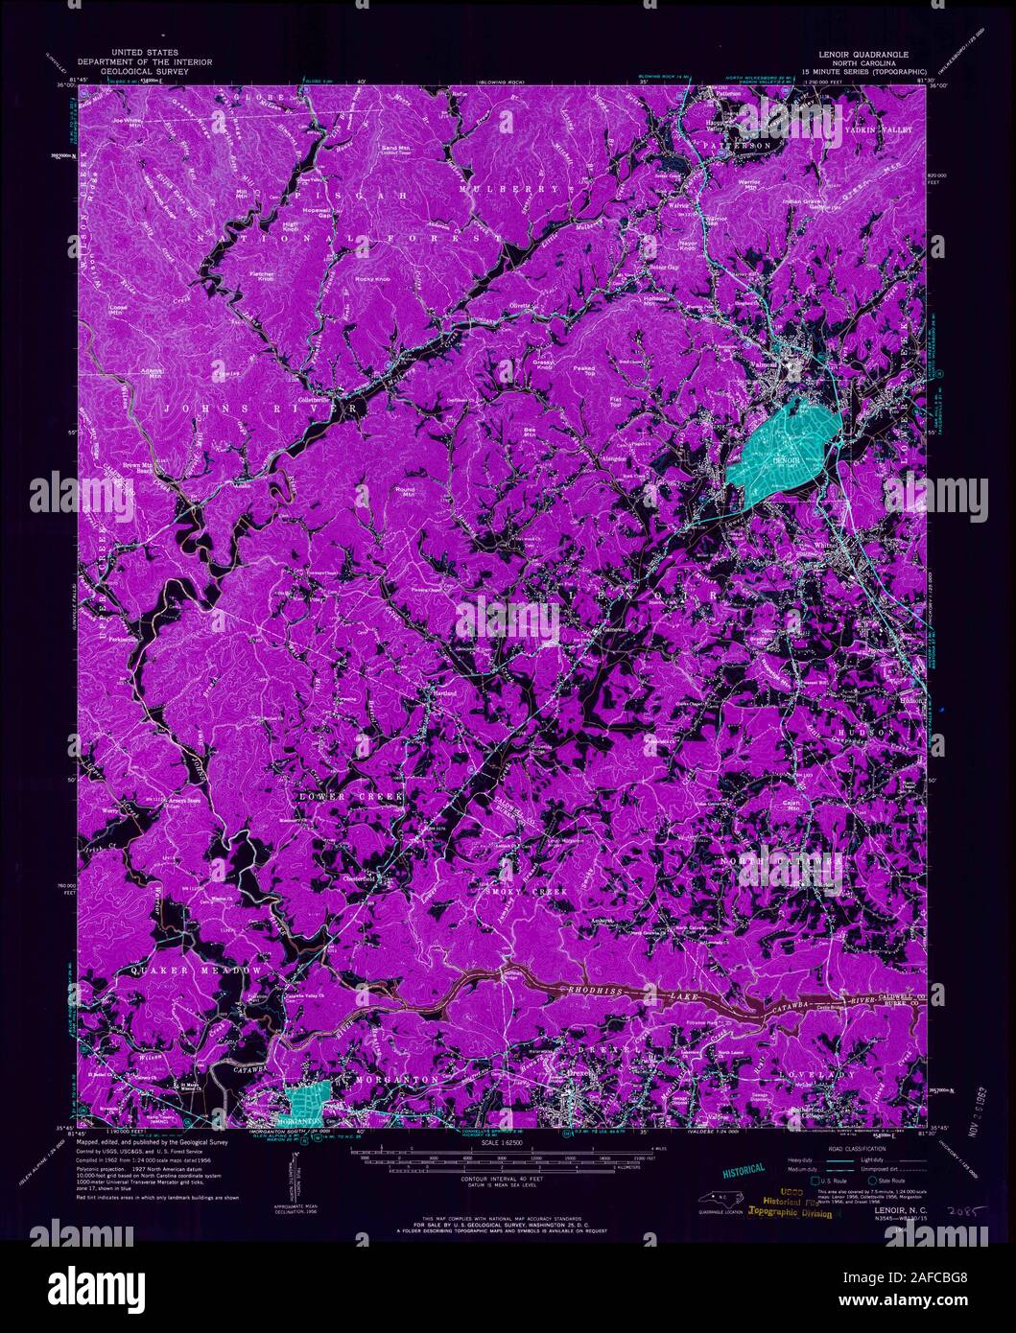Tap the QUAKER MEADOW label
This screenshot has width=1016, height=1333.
coord(197,971)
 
